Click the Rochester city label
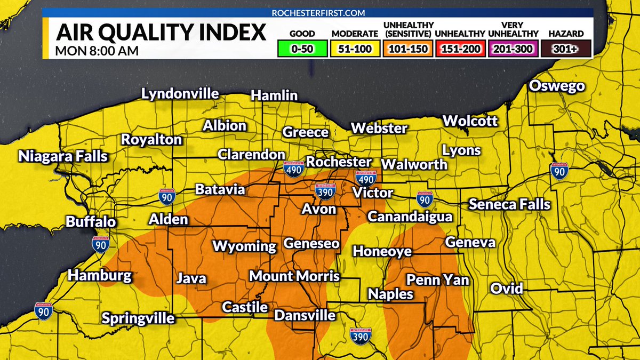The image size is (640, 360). [x=339, y=162]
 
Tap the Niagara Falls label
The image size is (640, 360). [x=63, y=157]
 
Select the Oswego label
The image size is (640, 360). [x=557, y=86]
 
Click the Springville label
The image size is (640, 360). [x=138, y=318]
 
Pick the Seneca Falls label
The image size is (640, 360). [x=509, y=204]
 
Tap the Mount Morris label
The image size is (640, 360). [x=294, y=276]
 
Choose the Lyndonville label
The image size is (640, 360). [x=180, y=94]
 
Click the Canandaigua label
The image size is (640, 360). [x=410, y=217]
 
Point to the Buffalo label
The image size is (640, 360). [x=91, y=221]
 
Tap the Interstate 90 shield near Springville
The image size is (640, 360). [x=44, y=310]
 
